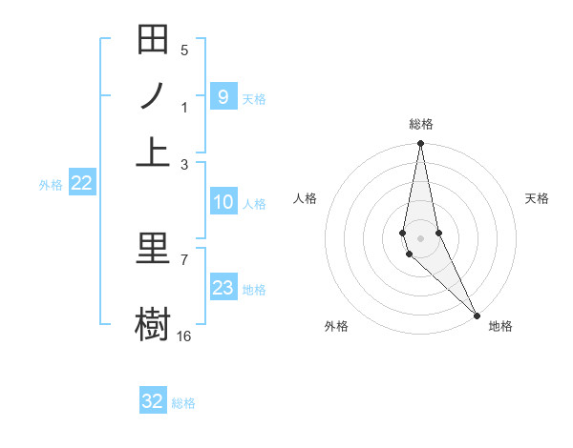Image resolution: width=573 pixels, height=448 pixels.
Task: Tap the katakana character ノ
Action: [x=153, y=95]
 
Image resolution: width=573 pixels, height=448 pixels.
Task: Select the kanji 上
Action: [x=153, y=150]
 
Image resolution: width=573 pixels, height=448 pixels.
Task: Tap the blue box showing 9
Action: [x=223, y=97]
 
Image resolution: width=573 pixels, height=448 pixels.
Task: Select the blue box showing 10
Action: [x=223, y=202]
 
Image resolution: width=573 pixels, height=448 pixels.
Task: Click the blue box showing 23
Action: [x=223, y=288]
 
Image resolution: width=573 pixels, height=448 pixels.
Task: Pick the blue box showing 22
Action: [x=81, y=184]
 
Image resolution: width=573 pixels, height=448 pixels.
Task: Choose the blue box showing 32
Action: [x=153, y=401]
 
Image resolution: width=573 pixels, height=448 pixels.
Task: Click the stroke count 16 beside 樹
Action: [x=184, y=336]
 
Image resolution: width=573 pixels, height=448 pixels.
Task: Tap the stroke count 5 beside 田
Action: [x=183, y=50]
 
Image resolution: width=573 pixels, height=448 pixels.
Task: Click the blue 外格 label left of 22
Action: [x=51, y=185]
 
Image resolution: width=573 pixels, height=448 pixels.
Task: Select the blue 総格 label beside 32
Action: [x=183, y=403]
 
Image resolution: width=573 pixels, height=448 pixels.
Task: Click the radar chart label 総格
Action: [x=421, y=124]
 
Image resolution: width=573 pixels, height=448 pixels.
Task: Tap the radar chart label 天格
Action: [x=537, y=198]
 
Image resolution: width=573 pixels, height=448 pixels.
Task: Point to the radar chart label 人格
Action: [x=305, y=198]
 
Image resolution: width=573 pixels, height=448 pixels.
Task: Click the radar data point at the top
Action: [x=420, y=144]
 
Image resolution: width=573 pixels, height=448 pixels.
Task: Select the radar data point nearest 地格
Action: [x=477, y=314]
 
